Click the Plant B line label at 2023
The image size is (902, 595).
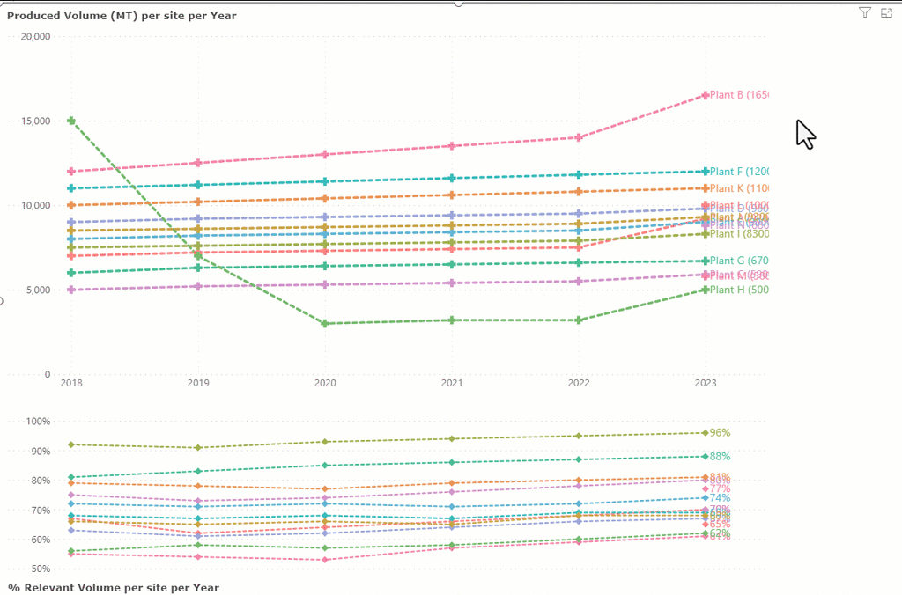click(x=739, y=95)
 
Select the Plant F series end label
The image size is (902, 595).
click(x=739, y=172)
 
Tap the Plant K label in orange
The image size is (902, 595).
click(x=739, y=188)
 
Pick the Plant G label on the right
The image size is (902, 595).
click(x=739, y=261)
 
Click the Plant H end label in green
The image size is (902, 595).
click(x=739, y=290)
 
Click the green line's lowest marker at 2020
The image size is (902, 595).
click(x=325, y=324)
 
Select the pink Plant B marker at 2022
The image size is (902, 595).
click(x=579, y=137)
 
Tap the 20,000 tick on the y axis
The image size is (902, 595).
click(x=34, y=37)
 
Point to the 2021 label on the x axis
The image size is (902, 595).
click(x=452, y=383)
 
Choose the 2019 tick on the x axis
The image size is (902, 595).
click(x=198, y=383)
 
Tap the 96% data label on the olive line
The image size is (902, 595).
click(x=721, y=433)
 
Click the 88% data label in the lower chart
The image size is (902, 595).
click(x=721, y=457)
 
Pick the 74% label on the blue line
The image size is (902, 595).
click(x=721, y=498)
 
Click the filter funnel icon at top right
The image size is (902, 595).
click(x=865, y=12)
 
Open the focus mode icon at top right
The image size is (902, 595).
click(x=886, y=12)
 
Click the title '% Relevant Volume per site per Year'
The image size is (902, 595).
click(x=114, y=587)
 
